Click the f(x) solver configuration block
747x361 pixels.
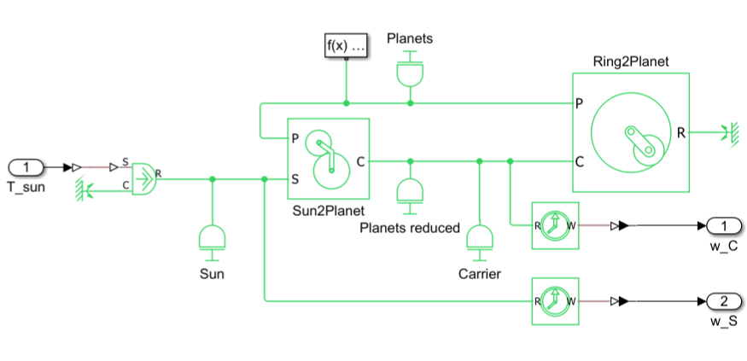(346, 46)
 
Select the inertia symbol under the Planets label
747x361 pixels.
(411, 73)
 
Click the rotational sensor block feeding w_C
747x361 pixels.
(555, 226)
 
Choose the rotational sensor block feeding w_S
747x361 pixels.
(555, 301)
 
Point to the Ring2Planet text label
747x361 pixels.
(630, 62)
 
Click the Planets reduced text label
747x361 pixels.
(410, 228)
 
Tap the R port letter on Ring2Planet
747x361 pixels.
(681, 132)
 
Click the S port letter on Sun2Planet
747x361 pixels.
(295, 179)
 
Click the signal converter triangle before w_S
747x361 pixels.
(624, 301)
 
